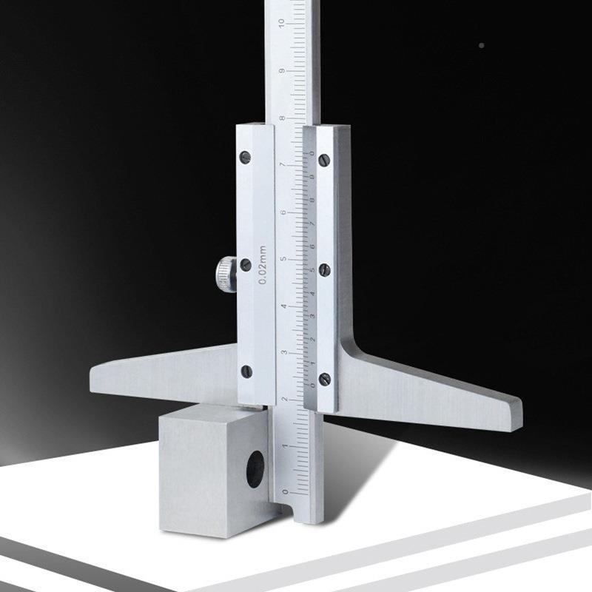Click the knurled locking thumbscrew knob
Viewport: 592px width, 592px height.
coord(226,274)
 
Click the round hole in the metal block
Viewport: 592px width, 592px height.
coord(255,469)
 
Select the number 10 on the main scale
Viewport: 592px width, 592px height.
coord(281,23)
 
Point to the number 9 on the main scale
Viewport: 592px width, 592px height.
coord(282,71)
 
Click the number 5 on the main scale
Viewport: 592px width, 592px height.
coord(283,259)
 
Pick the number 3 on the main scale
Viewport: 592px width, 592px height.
coord(284,353)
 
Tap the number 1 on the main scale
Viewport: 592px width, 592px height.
coord(285,446)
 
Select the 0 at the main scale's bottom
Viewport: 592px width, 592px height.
coord(286,492)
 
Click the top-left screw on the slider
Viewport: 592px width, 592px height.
coord(246,157)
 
